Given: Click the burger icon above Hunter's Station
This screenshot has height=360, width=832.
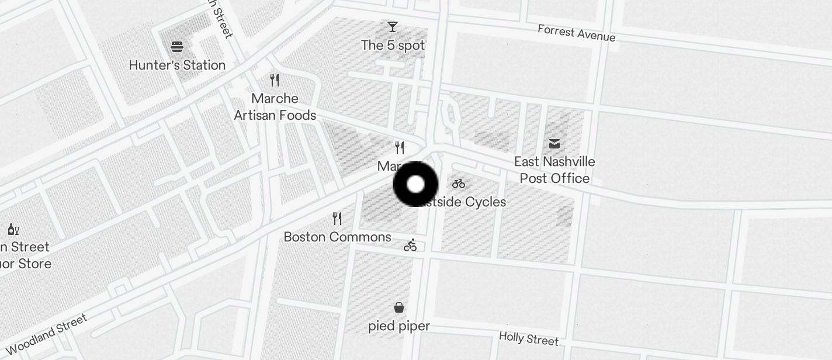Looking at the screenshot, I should pyautogui.click(x=177, y=47).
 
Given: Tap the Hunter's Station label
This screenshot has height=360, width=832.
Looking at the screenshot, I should pyautogui.click(x=177, y=65).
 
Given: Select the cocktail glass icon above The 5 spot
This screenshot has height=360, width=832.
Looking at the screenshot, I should pyautogui.click(x=393, y=27).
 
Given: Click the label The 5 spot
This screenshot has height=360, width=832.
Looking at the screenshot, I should pyautogui.click(x=393, y=45).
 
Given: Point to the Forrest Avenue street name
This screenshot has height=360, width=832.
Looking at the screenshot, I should pyautogui.click(x=577, y=33).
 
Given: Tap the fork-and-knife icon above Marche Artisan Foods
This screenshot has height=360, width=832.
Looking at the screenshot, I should pyautogui.click(x=275, y=80).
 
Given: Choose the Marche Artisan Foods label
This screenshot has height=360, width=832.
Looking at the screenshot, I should pyautogui.click(x=275, y=107).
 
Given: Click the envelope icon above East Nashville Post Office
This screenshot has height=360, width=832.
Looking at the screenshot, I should pyautogui.click(x=554, y=143).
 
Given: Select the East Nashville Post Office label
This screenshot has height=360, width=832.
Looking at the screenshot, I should pyautogui.click(x=554, y=169).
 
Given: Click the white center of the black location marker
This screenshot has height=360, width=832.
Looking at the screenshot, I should pyautogui.click(x=415, y=185).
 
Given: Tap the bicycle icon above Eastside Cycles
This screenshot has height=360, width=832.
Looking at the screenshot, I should pyautogui.click(x=459, y=184).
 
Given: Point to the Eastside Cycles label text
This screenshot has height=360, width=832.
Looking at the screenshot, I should pyautogui.click(x=464, y=202).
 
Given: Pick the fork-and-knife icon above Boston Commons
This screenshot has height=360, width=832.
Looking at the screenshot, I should pyautogui.click(x=337, y=219).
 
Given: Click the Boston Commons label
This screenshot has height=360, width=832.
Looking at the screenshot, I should pyautogui.click(x=337, y=237).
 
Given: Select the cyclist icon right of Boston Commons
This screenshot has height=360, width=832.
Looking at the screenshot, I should pyautogui.click(x=410, y=245).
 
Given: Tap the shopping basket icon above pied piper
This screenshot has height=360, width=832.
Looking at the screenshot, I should pyautogui.click(x=399, y=307).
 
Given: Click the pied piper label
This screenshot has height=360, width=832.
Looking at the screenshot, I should pyautogui.click(x=399, y=326).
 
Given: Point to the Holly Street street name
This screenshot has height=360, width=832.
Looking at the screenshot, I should pyautogui.click(x=529, y=338).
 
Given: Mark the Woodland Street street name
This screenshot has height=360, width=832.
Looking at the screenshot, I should pyautogui.click(x=47, y=335).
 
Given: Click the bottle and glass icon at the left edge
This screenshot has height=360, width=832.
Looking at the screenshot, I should pyautogui.click(x=13, y=229).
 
